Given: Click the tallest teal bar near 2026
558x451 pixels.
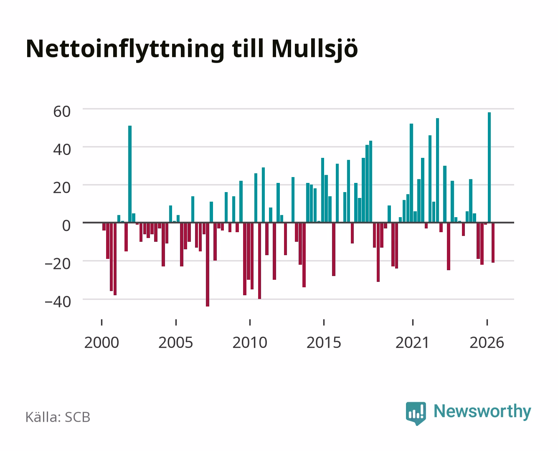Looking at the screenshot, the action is click(x=489, y=167).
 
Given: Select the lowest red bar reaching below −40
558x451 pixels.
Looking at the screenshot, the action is click(x=208, y=264).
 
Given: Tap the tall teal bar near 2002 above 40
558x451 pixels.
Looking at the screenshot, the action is click(x=129, y=174).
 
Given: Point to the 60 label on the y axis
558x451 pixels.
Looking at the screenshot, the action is click(x=62, y=111).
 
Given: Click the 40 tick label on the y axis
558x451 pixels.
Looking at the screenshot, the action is click(x=62, y=150).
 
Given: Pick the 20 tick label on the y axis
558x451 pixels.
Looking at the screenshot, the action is click(x=62, y=188).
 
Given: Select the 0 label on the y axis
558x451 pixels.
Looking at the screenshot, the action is click(x=66, y=226).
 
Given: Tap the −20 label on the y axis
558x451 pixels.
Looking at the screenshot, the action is click(x=58, y=264).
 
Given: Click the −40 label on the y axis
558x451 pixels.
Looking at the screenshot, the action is click(x=58, y=302).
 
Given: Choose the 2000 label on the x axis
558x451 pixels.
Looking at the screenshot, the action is click(x=101, y=342).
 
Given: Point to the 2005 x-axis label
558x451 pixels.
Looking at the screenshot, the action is click(x=176, y=342).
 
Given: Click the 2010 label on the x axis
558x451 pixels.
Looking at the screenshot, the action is click(x=250, y=342).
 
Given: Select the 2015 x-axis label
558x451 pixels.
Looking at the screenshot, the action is click(x=324, y=342).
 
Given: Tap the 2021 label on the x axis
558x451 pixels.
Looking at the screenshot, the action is click(x=413, y=342).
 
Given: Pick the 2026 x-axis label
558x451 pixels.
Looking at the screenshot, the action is click(x=487, y=342).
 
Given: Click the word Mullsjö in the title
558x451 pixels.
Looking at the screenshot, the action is click(x=315, y=50).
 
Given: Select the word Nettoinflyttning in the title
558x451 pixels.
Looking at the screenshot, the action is click(x=125, y=50).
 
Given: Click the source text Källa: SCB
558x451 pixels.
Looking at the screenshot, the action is click(x=58, y=417).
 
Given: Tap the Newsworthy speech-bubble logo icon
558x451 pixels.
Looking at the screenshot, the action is click(x=416, y=413).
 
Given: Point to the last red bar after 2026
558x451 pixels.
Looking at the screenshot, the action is click(x=493, y=243).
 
